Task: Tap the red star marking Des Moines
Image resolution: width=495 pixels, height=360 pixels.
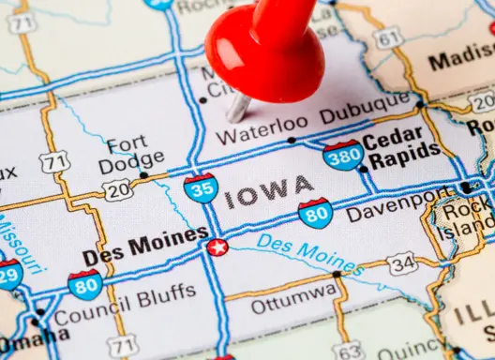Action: pos(217,247)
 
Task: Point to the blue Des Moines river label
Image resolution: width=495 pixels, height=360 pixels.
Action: pos(309,253)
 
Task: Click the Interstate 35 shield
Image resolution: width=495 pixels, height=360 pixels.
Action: pos(201,187)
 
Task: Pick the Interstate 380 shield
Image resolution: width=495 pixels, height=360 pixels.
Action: pos(342,154)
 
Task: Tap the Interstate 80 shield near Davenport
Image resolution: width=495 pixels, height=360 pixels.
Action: pos(316,213)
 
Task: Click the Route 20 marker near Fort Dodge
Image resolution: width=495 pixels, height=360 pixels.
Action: pos(117,191)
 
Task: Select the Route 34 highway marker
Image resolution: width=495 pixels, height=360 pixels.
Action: pos(403,263)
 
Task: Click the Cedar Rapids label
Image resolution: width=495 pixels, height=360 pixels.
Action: pos(401,150)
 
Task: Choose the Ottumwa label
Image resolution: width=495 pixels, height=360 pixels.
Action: pos(294,304)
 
